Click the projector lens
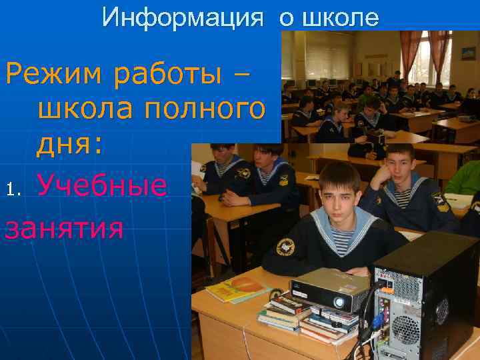point(339,302)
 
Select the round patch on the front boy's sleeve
point(285,247)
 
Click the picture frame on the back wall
point(466,53)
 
